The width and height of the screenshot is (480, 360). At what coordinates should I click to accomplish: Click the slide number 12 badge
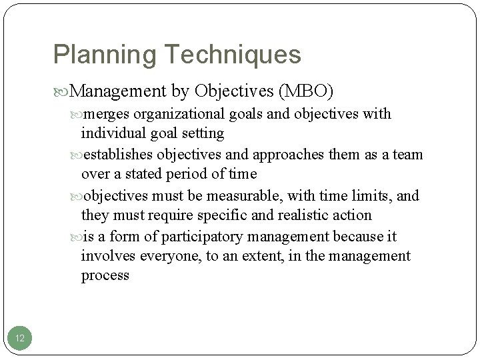pyautogui.click(x=20, y=339)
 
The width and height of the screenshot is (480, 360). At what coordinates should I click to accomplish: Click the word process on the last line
pyautogui.click(x=105, y=275)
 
